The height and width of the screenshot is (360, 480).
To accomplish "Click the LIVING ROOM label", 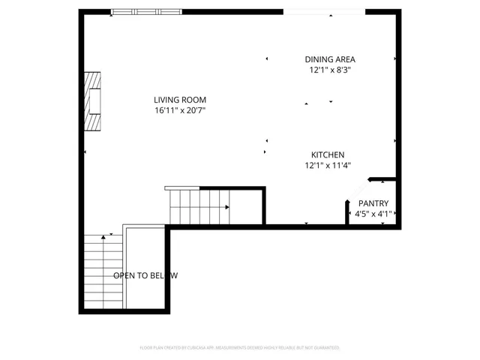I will point(180,100).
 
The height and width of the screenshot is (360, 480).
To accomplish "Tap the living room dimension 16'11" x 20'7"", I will point(180,111).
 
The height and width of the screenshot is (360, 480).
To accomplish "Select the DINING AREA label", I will point(330,59).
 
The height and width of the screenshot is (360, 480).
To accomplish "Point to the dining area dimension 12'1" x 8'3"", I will point(330,70).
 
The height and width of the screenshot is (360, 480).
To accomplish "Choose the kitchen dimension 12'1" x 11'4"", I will point(328,165).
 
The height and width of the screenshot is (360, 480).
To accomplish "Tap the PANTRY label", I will point(373,203).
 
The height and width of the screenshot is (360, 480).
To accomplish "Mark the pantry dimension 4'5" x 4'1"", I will point(373,214).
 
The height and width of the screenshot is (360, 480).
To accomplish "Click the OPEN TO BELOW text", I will point(145,275).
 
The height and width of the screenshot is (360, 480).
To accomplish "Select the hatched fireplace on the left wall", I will point(91,101).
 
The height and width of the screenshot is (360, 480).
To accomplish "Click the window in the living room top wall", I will point(146,12).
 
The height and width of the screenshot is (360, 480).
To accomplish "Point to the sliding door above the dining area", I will point(324,12).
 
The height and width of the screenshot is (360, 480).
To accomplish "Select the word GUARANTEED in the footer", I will point(325,348).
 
